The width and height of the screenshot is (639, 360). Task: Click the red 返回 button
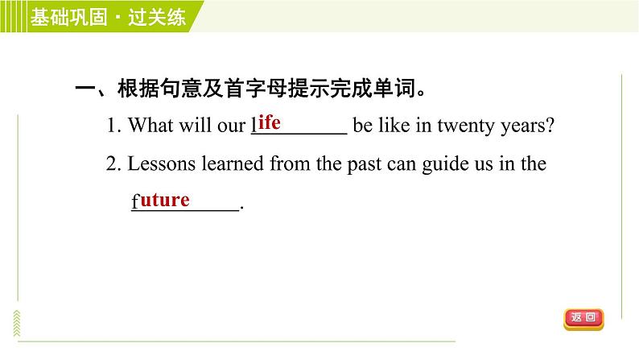pyautogui.click(x=583, y=319)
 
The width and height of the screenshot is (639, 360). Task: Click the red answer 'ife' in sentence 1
pyautogui.click(x=269, y=122)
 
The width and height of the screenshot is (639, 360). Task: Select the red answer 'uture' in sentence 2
pyautogui.click(x=165, y=200)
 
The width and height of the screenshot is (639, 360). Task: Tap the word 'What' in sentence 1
pyautogui.click(x=150, y=125)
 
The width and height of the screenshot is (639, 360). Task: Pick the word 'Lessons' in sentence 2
pyautogui.click(x=162, y=164)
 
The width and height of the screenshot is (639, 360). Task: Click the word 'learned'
pyautogui.click(x=233, y=164)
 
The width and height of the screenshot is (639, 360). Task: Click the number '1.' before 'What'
pyautogui.click(x=113, y=125)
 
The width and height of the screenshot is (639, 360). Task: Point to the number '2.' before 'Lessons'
pyautogui.click(x=113, y=164)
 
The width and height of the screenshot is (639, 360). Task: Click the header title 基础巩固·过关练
pyautogui.click(x=108, y=17)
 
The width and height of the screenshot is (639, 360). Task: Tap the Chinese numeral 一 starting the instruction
pyautogui.click(x=85, y=89)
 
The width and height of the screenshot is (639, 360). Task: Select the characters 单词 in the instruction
pyautogui.click(x=394, y=88)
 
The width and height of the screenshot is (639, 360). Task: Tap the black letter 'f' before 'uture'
pyautogui.click(x=135, y=201)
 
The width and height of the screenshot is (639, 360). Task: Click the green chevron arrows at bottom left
pyautogui.click(x=17, y=323)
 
